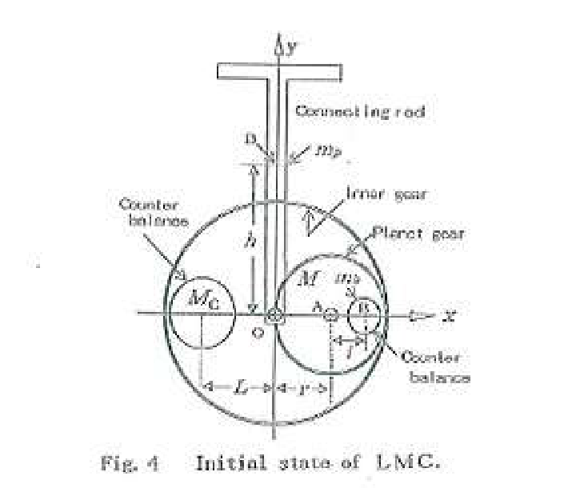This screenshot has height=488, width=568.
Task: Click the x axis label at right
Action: (450, 316)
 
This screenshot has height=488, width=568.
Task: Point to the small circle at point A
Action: (330, 315)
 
